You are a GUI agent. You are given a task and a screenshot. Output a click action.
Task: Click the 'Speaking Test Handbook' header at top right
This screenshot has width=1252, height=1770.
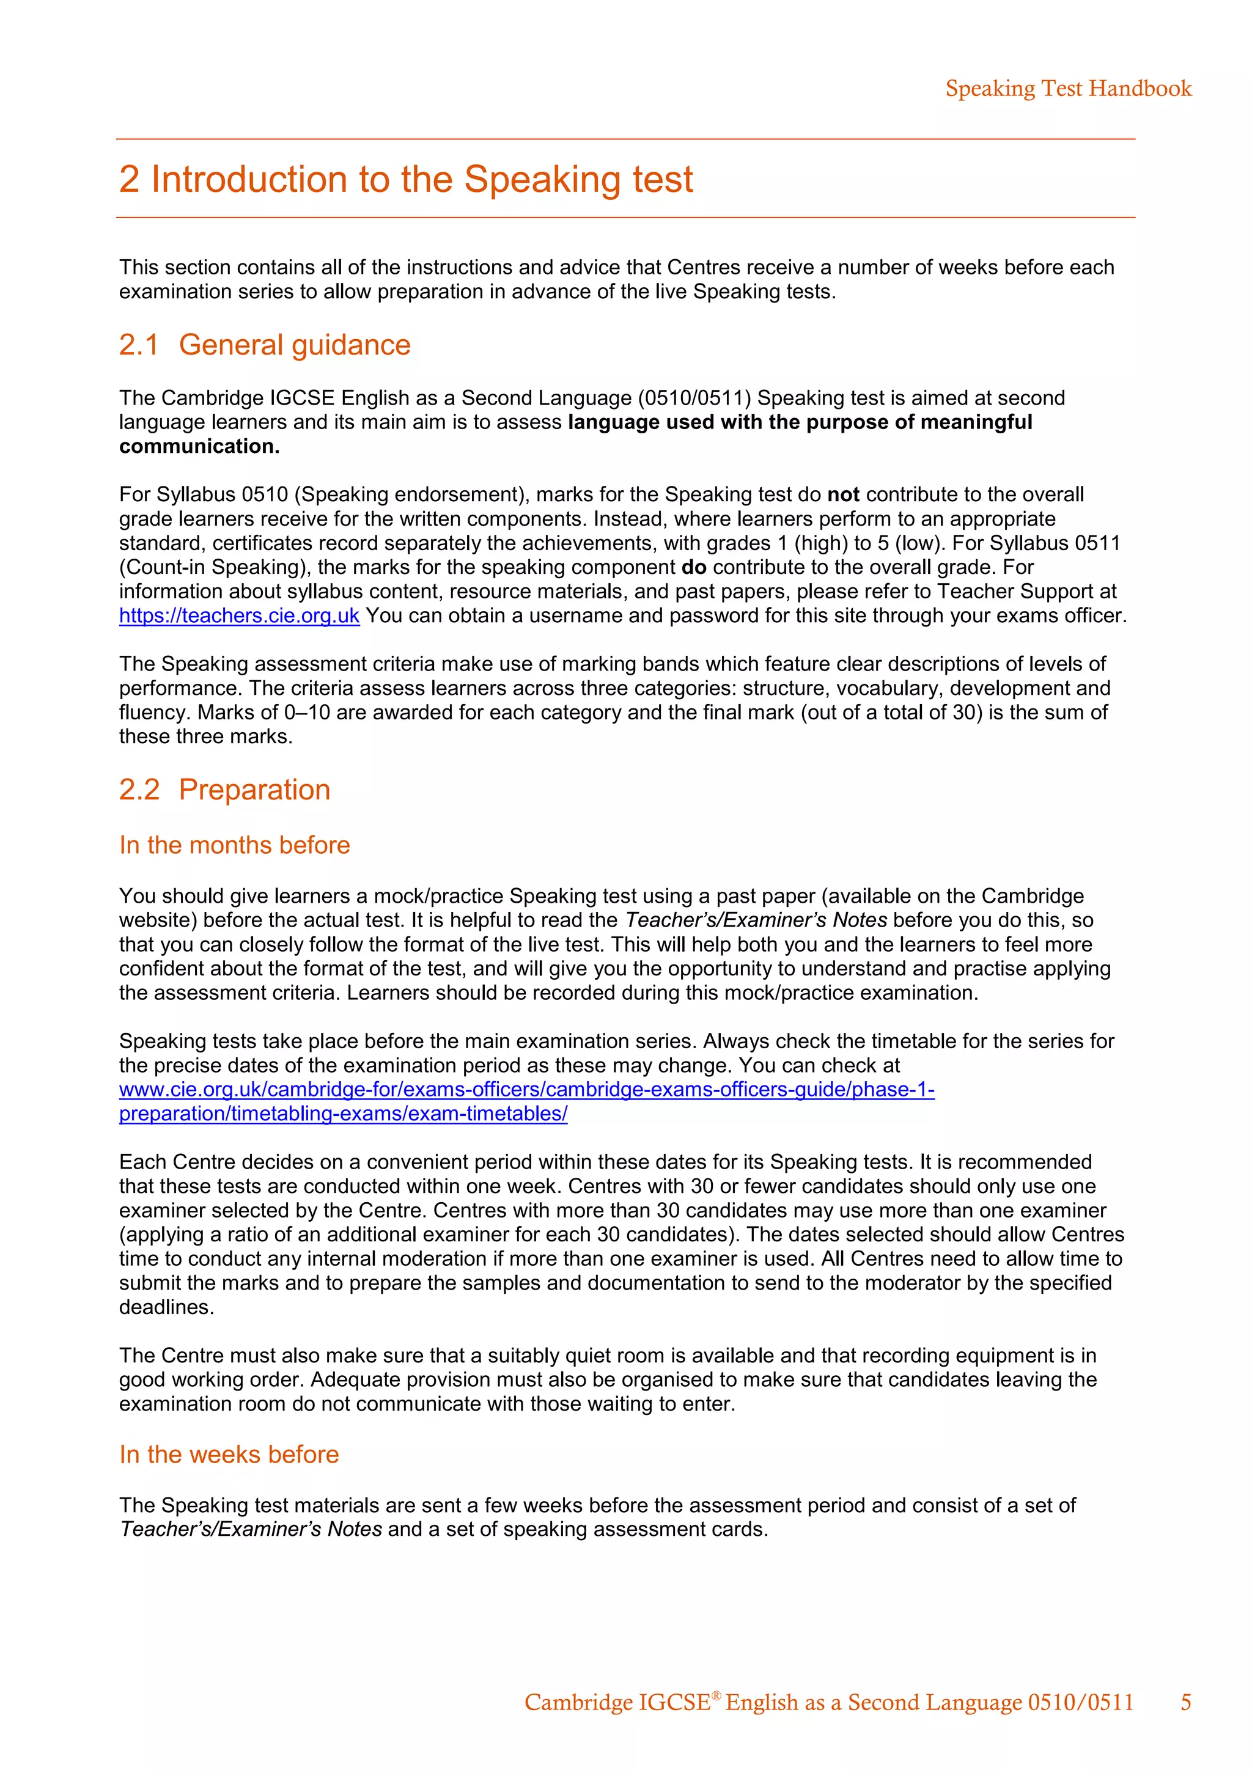coord(1068,89)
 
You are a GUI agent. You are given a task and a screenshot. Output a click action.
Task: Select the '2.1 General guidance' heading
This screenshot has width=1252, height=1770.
coord(265,345)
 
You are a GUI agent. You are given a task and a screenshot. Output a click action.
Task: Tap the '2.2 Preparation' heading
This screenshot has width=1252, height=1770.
coord(224,790)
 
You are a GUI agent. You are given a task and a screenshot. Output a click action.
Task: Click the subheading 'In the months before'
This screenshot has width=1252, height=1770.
coord(234,845)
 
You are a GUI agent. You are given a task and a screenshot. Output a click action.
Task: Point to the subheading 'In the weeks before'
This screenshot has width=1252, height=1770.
coord(229,1454)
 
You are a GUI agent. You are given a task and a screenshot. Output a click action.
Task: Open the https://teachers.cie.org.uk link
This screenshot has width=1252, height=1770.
coord(239,616)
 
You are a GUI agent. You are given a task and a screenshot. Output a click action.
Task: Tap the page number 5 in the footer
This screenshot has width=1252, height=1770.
coord(1186,1702)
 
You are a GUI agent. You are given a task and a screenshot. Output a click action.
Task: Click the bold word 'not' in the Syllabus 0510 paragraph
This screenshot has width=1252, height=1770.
coord(842,495)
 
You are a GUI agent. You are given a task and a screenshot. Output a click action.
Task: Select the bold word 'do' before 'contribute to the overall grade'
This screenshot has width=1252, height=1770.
coord(694,567)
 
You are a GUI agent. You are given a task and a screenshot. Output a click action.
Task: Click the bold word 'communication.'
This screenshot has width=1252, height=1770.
coord(199,446)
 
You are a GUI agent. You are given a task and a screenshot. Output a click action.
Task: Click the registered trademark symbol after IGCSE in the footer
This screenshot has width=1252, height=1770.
coord(716,1694)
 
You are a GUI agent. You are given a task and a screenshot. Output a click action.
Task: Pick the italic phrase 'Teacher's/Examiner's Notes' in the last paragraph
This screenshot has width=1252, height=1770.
coord(251,1529)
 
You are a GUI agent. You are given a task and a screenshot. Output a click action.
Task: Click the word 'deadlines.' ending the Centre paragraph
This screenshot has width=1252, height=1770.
coord(166,1307)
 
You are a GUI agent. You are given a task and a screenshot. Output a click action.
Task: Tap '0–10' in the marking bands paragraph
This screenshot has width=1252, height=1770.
coord(307,712)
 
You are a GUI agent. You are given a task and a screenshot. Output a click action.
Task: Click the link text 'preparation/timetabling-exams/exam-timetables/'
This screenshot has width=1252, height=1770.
coord(343,1114)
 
